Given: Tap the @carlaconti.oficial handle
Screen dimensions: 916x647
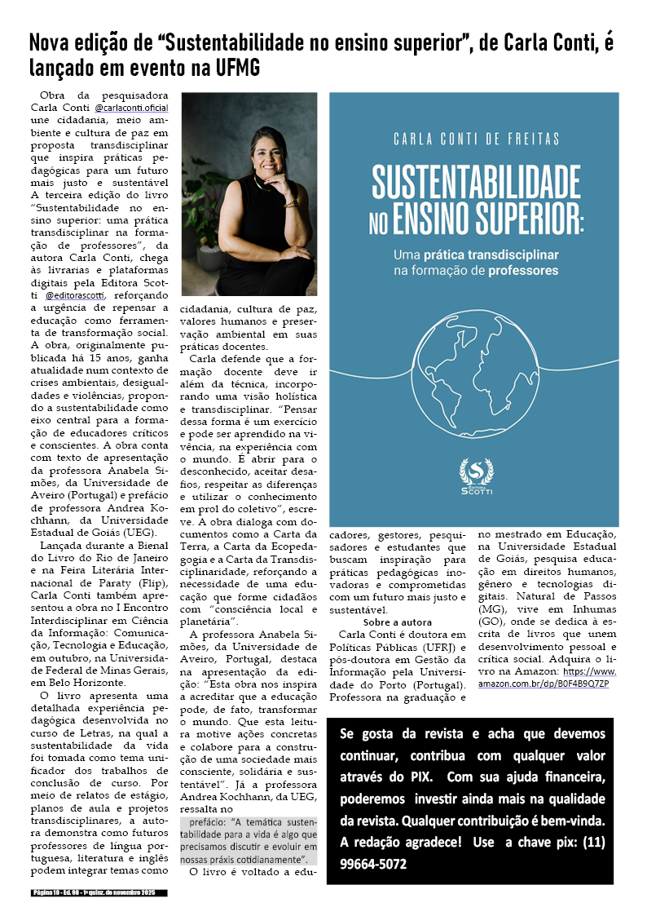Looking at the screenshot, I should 131,108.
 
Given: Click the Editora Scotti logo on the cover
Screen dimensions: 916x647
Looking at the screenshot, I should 476,477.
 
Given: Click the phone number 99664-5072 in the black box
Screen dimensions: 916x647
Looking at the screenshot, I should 375,864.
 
